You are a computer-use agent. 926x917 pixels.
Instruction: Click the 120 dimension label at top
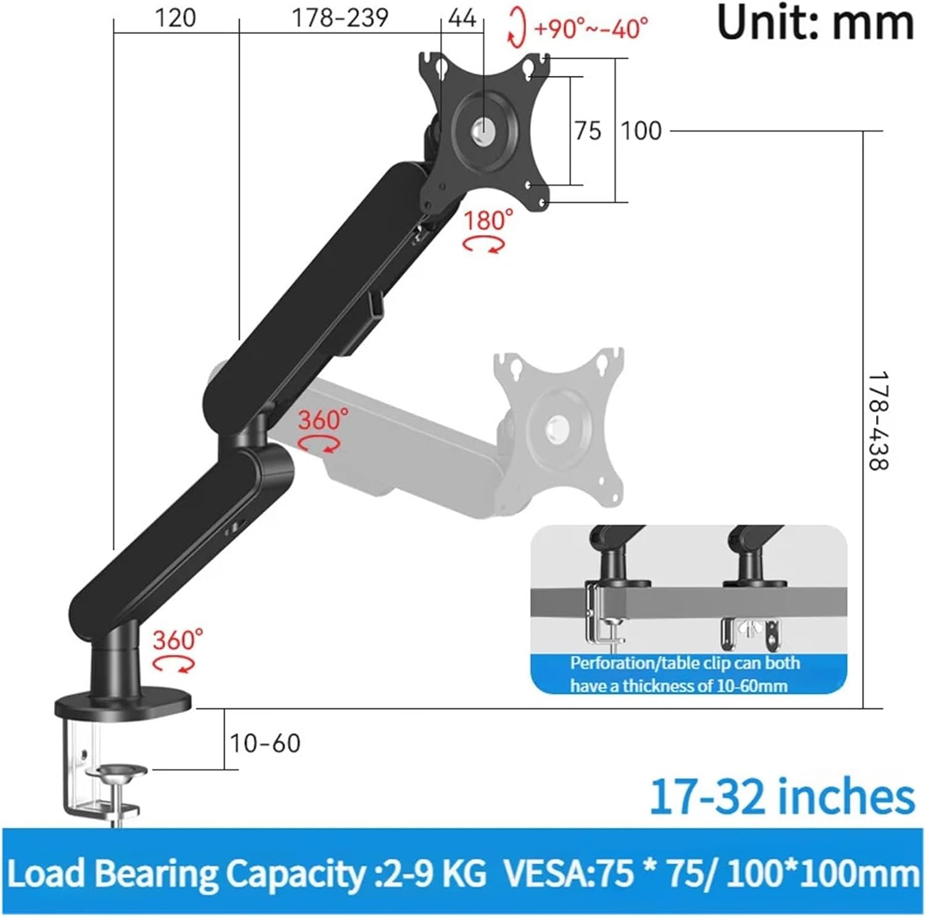tap(175, 18)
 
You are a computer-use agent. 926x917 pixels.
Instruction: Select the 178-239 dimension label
tap(340, 18)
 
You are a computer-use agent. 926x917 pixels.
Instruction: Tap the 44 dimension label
tap(462, 18)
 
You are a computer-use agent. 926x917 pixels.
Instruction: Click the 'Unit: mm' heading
tap(815, 23)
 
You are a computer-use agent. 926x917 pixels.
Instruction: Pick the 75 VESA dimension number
tap(587, 131)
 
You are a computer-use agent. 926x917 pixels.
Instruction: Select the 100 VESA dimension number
tap(641, 131)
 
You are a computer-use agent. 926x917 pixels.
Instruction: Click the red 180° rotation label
tap(488, 220)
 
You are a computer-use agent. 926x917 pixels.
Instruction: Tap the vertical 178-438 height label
tap(877, 421)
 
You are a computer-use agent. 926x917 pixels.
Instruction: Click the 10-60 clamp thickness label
tap(265, 743)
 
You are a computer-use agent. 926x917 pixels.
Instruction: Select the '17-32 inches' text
tap(782, 797)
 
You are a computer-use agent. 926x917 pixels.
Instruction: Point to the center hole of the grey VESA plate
tap(559, 425)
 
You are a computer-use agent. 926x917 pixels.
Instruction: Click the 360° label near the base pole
tap(178, 640)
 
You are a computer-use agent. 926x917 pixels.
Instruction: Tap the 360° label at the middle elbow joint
tap(323, 421)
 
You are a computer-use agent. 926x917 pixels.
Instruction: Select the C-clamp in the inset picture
tap(602, 618)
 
